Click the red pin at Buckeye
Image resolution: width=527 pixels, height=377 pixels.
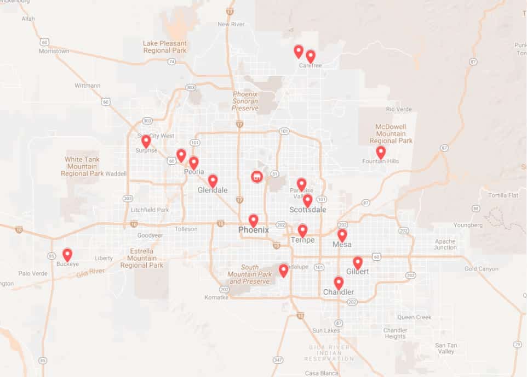[67, 254]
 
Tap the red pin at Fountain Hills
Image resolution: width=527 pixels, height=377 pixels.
[380, 152]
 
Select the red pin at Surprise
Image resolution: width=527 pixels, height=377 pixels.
[146, 141]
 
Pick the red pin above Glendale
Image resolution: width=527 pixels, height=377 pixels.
[213, 181]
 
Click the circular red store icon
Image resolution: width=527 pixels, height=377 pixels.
[256, 177]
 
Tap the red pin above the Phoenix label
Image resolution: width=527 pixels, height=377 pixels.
[253, 220]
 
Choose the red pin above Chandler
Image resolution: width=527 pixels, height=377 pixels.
[339, 283]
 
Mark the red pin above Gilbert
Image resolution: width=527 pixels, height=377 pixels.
[357, 262]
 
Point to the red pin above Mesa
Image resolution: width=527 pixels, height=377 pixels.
[342, 235]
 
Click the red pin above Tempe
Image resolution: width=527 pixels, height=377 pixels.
[302, 230]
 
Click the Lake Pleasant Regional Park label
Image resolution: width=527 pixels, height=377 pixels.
[165, 47]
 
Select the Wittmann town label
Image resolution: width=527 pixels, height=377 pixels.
[88, 86]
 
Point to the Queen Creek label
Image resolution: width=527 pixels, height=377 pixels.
[414, 317]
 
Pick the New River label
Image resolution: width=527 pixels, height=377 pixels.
[230, 24]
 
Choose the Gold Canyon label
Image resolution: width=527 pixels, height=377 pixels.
[482, 269]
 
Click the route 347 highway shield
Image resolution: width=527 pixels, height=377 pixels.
[279, 359]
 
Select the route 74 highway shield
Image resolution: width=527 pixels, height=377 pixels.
[171, 61]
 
